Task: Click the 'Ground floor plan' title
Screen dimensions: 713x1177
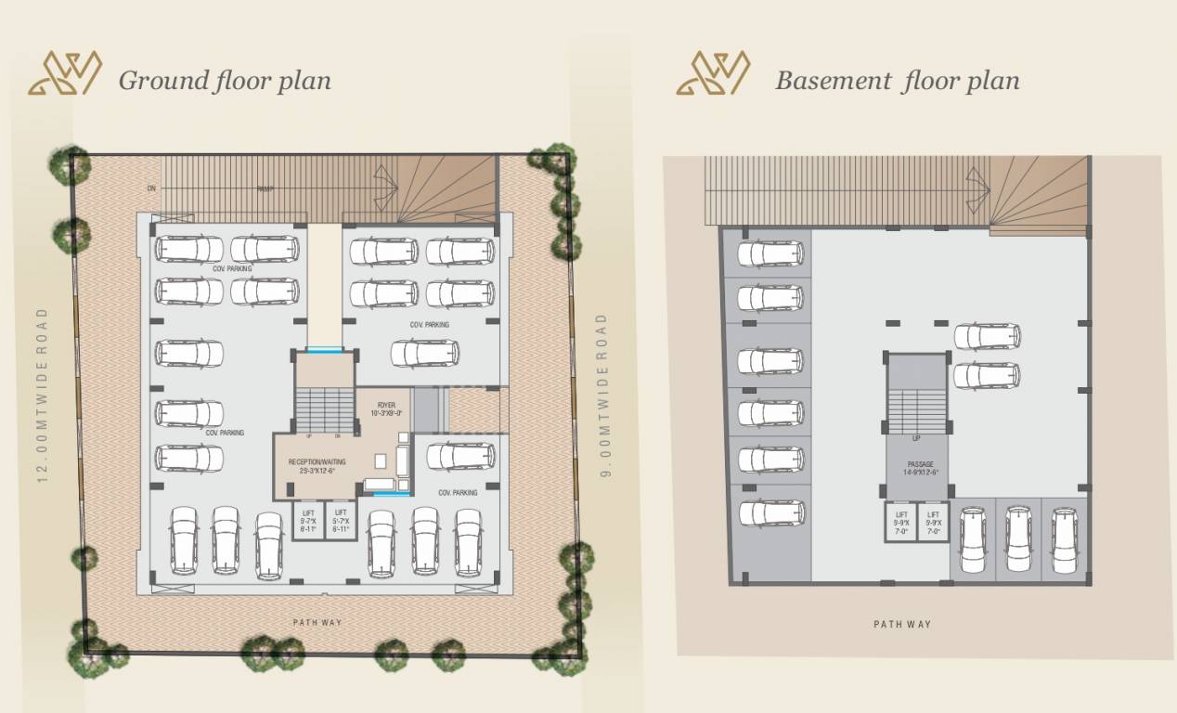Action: click(x=225, y=80)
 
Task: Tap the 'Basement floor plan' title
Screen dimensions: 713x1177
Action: click(x=897, y=80)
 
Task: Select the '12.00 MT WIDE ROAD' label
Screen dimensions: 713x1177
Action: click(x=42, y=395)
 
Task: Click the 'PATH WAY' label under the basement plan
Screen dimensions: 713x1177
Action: click(x=902, y=624)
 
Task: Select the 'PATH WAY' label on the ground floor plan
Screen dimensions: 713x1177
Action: click(x=319, y=622)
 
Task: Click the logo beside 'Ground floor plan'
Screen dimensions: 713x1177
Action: click(x=65, y=73)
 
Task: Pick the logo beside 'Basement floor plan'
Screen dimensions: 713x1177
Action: click(x=713, y=73)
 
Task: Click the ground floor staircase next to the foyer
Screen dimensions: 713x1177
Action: click(x=325, y=409)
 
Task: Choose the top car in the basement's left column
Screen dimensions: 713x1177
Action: click(x=770, y=253)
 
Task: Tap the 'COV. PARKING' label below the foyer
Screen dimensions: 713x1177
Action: click(x=458, y=493)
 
